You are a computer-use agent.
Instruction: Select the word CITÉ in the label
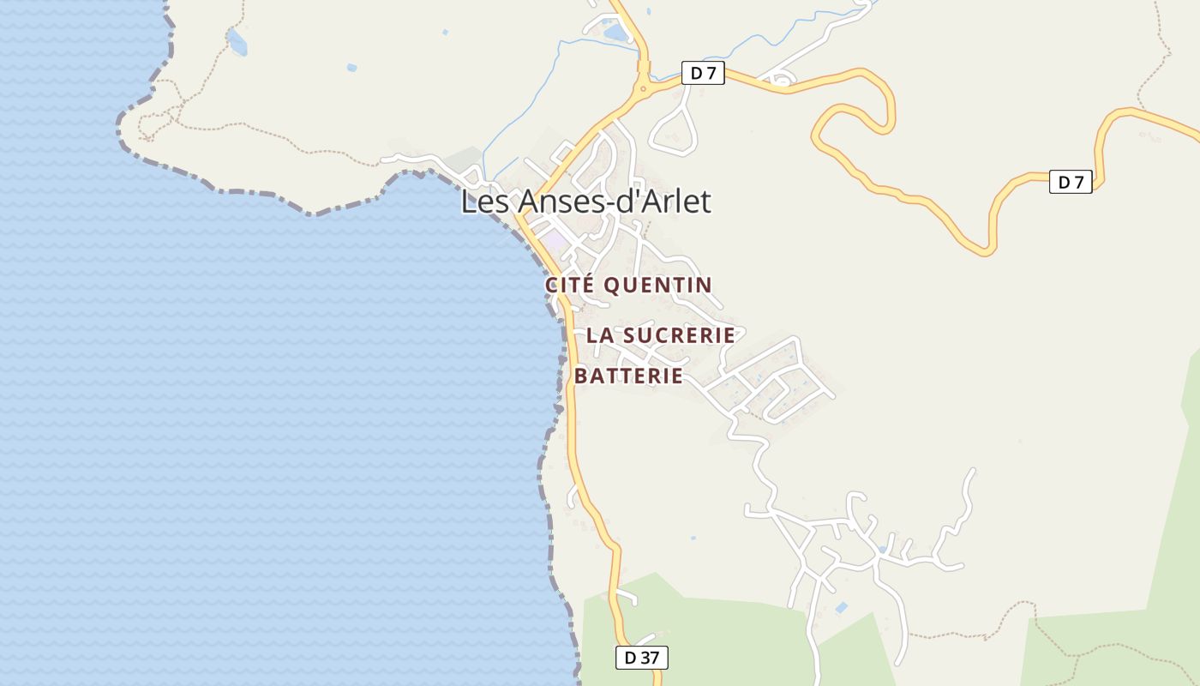pos(571,285)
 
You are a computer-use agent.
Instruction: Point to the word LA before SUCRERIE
pos(598,335)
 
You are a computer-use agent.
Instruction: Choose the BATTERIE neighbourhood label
pos(628,376)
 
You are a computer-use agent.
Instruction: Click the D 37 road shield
pos(641,658)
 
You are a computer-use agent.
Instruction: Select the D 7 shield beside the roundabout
pos(703,74)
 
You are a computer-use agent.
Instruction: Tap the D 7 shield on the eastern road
pos(1071,182)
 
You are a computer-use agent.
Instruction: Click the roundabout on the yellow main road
pos(642,87)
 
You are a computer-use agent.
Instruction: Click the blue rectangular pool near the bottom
pos(842,608)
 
